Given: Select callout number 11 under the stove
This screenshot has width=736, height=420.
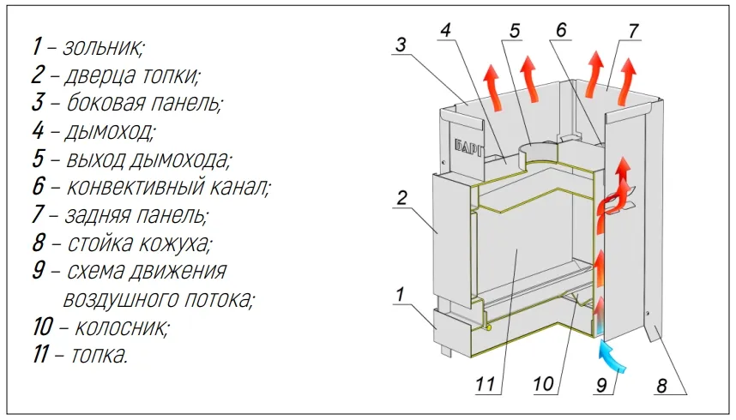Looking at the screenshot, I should coord(485,386).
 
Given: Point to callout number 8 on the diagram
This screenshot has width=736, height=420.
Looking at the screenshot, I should coord(661,386).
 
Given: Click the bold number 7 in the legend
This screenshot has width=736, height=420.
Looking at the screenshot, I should coord(38,215).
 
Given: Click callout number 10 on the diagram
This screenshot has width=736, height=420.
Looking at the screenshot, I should coord(544,386).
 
